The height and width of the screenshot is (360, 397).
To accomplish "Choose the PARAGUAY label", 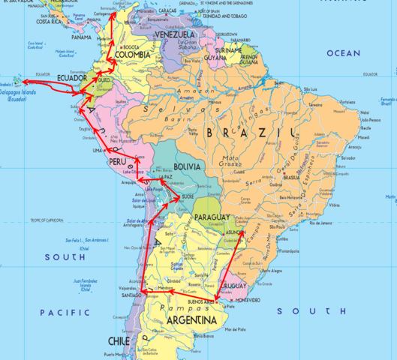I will (x=212, y=217).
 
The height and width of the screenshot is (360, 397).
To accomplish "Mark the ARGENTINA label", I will (x=191, y=321).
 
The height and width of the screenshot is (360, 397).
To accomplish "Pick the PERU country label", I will (x=116, y=161).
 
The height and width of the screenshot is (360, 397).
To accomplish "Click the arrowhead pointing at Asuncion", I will (x=242, y=233).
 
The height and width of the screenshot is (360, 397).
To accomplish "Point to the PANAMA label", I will (x=80, y=37).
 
